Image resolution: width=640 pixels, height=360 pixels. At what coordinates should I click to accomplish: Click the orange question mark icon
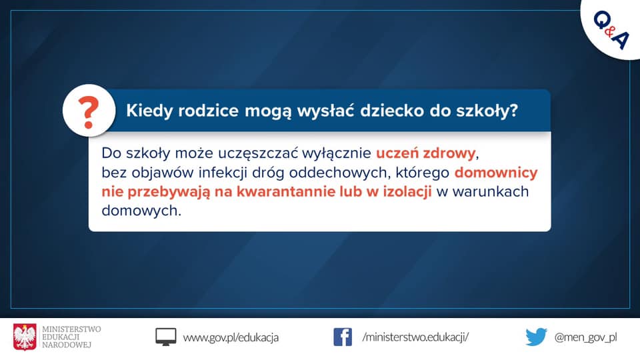click(89, 112)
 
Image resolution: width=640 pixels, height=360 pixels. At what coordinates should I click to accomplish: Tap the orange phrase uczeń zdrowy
click(426, 153)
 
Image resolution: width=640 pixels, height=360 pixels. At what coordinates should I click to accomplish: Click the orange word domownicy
click(496, 173)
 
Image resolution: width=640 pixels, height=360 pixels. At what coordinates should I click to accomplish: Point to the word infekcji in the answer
click(223, 173)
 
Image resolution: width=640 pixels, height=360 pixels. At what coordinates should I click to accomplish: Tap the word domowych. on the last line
click(141, 211)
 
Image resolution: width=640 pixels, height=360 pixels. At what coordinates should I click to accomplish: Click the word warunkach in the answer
click(491, 191)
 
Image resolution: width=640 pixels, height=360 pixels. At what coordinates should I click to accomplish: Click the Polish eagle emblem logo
click(25, 337)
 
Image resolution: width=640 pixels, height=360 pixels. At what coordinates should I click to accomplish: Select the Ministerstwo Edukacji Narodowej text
click(71, 337)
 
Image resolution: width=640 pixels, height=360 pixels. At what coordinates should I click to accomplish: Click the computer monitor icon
click(166, 337)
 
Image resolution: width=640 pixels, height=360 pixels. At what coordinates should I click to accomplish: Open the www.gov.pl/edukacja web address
click(231, 337)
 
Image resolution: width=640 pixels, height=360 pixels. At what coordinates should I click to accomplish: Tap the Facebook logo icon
click(343, 337)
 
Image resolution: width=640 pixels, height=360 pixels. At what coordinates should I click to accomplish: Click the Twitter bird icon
click(536, 337)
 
